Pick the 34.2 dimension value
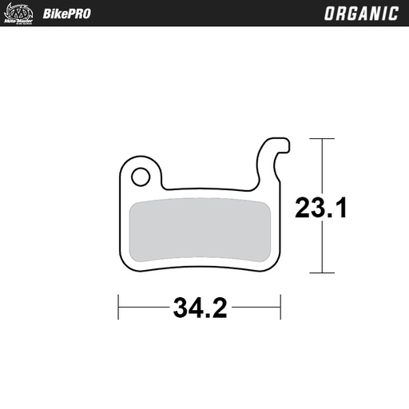[199, 305]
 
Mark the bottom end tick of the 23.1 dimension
[321, 274]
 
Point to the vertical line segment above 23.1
[321, 164]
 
